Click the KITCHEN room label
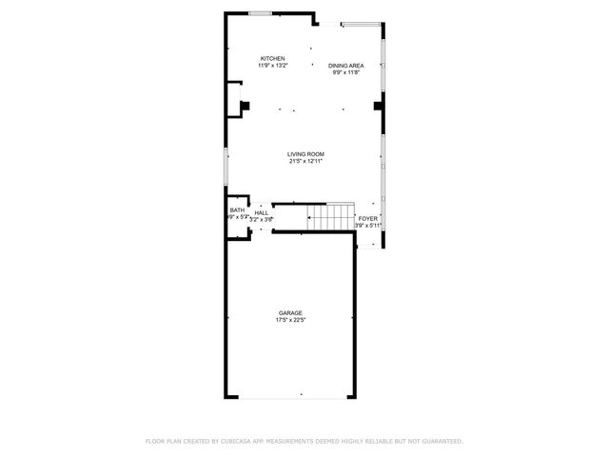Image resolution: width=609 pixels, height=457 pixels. [273, 59]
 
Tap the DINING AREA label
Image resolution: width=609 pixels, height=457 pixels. [346, 65]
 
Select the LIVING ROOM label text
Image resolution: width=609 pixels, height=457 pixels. [306, 154]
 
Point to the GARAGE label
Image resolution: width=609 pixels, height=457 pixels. [290, 313]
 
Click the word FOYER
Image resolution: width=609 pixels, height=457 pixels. [367, 219]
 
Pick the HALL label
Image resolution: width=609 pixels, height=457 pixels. [261, 212]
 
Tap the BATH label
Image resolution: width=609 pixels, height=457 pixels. [236, 210]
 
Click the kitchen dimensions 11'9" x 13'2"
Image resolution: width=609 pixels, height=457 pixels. [273, 66]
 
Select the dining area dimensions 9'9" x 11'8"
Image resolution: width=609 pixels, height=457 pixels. [346, 71]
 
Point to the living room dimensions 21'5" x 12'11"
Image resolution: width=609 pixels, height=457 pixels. [306, 161]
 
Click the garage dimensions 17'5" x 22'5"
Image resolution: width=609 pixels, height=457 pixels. [290, 320]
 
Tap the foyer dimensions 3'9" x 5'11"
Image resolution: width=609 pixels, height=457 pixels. [367, 226]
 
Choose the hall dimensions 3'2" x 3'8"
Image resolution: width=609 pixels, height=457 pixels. [261, 219]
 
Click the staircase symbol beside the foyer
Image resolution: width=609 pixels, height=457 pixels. [330, 217]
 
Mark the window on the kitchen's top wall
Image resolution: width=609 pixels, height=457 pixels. [259, 13]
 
